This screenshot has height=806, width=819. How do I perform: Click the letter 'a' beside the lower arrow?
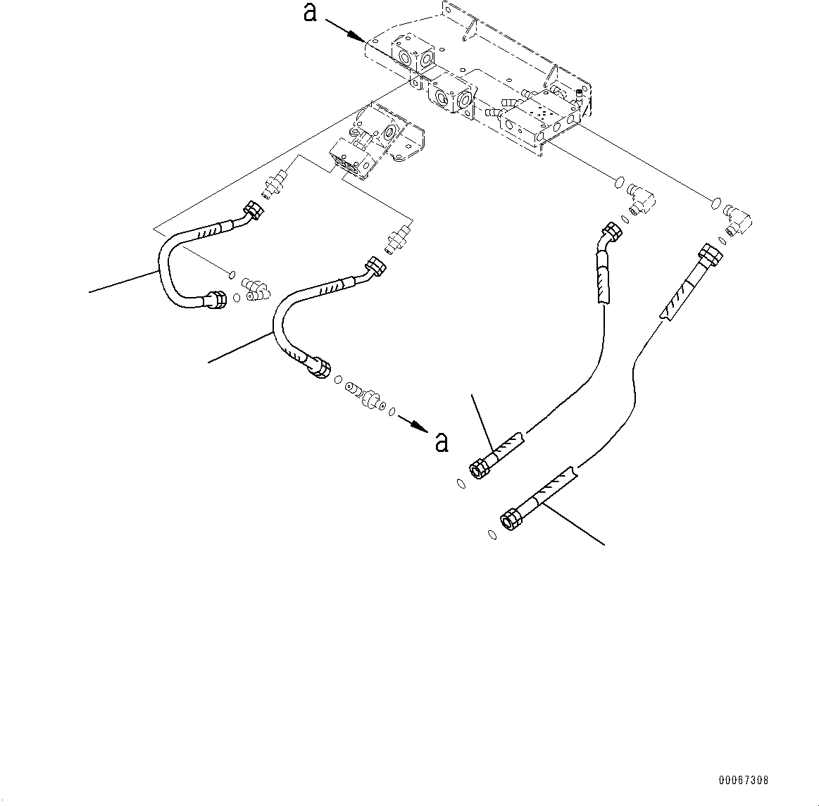click(x=442, y=441)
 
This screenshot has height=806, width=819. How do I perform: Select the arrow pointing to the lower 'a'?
click(x=413, y=424)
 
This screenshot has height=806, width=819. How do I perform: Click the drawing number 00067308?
click(x=744, y=780)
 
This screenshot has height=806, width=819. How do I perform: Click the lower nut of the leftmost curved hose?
click(x=217, y=300)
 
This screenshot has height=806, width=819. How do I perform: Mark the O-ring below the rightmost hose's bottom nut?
click(x=492, y=535)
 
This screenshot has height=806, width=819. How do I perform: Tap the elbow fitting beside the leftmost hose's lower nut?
click(x=256, y=288)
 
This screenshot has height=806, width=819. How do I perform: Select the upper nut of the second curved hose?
click(x=375, y=265)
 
